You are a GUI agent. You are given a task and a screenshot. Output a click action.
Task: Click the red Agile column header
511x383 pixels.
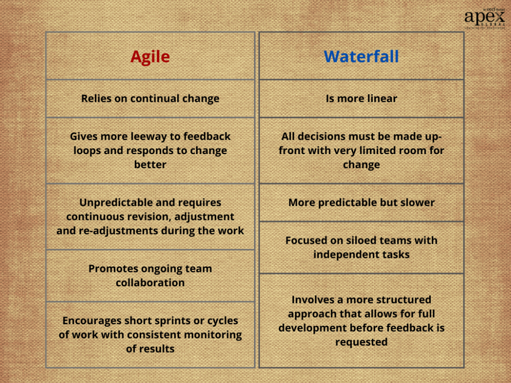coord(150,57)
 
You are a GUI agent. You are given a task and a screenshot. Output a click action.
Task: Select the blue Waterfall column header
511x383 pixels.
coord(361,56)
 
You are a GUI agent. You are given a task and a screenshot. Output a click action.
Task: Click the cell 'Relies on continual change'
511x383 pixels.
coord(150,99)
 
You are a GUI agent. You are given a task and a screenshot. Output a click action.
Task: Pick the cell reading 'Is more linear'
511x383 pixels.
coord(361,99)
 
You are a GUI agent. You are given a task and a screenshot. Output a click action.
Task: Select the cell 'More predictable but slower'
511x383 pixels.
coord(361,203)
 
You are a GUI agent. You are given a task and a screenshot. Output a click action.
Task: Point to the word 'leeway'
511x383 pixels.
coord(149,137)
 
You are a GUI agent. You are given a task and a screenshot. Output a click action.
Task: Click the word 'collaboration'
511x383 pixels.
coord(150,283)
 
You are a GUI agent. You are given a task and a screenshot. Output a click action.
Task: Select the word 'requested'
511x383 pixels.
coord(361,342)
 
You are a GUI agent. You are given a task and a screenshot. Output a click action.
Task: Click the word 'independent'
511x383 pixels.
coord(344,254)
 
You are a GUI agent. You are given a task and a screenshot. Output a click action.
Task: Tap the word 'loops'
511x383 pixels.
coord(87,151)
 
